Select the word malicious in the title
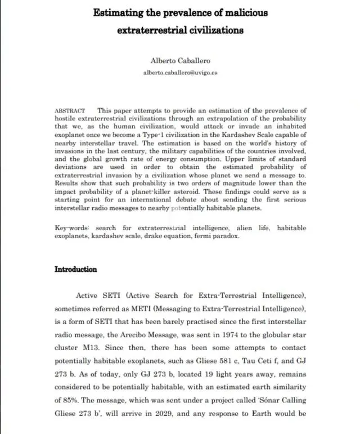tap(242, 12)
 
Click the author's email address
tap(179, 73)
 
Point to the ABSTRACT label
tap(70, 111)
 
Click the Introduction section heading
tap(75, 269)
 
